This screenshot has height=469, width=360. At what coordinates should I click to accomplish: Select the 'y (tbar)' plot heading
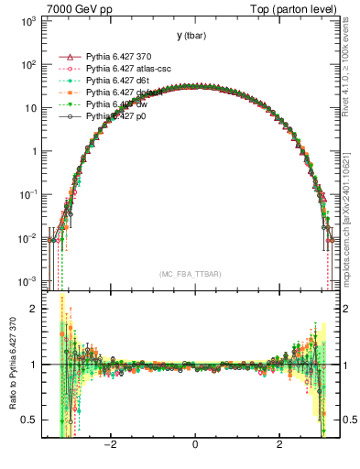pos(191,36)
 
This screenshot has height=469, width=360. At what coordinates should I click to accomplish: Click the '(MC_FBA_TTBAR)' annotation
pos(191,274)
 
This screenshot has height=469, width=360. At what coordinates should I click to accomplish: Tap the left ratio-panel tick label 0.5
pos(31,420)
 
